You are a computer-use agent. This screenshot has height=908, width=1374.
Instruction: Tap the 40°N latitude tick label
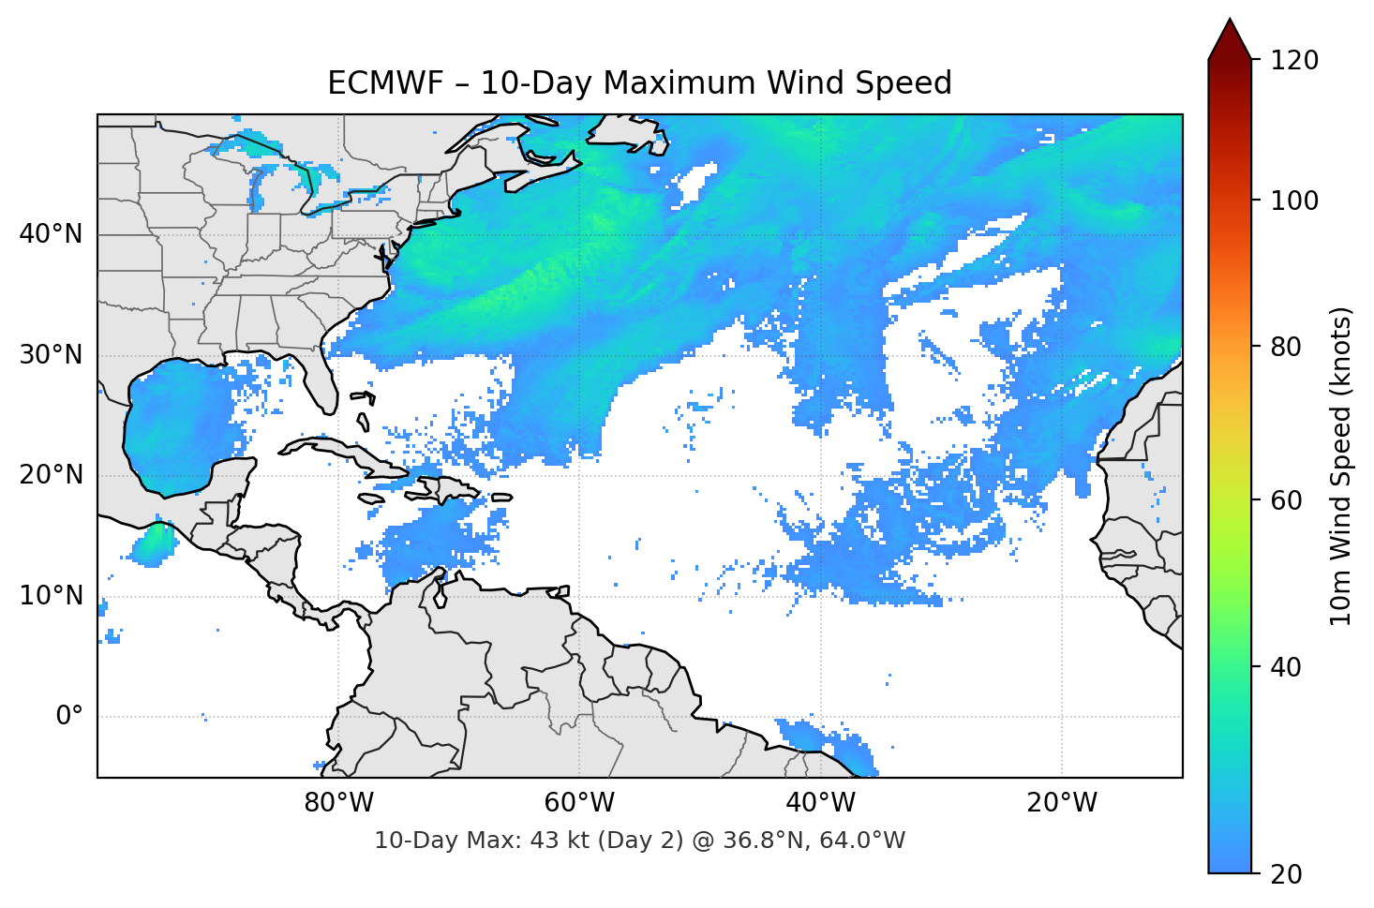click(51, 233)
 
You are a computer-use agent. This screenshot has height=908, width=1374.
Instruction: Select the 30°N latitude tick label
click(51, 355)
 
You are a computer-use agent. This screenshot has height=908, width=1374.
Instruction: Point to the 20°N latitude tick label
click(51, 475)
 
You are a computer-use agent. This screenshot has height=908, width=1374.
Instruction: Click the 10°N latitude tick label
click(51, 596)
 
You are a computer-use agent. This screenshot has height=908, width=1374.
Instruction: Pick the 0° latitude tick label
click(69, 717)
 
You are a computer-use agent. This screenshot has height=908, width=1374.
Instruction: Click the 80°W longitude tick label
click(338, 803)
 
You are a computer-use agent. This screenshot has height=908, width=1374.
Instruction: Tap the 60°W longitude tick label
click(579, 803)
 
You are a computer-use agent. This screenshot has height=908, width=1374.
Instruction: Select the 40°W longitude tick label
click(820, 803)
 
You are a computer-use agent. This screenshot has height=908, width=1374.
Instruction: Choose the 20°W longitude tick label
click(1061, 803)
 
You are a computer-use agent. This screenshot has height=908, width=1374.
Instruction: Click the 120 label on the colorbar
click(1294, 61)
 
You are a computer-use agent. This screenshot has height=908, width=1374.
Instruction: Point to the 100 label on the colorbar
click(1294, 201)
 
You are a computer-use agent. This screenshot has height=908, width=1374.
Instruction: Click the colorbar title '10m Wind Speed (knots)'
click(1341, 466)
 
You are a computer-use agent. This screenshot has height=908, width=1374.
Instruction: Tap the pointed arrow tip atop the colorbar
click(1230, 22)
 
